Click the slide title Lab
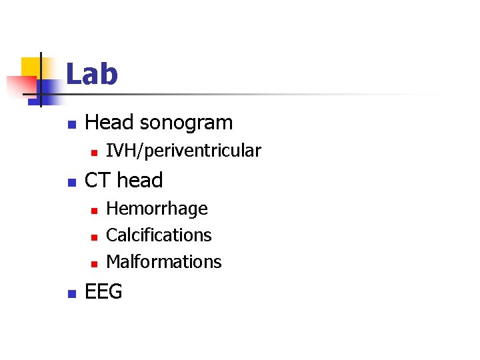tap(92, 74)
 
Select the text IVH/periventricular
tap(183, 151)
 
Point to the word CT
tap(98, 181)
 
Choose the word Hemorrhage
tap(157, 209)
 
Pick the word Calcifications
tap(159, 235)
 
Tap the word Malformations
tap(163, 262)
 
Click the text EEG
tap(104, 292)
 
